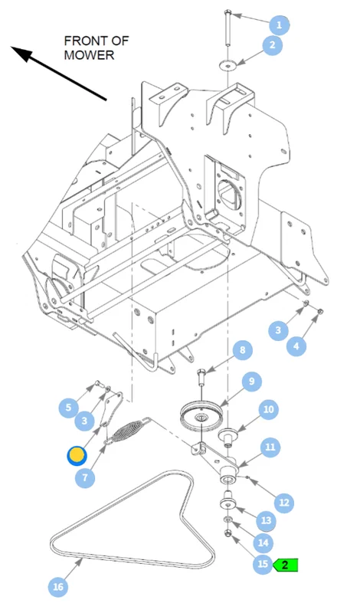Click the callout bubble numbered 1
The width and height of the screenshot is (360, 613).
click(279, 25)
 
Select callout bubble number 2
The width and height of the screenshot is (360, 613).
click(272, 44)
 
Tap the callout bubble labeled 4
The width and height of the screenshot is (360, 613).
click(296, 346)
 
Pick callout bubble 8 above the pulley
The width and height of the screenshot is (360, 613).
click(242, 350)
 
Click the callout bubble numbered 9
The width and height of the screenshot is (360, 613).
click(251, 381)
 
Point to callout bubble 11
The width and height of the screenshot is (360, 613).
click(270, 447)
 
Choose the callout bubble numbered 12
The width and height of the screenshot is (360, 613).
click(284, 502)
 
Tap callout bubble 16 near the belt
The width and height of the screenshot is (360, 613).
click(58, 586)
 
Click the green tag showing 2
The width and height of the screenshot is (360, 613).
click(286, 565)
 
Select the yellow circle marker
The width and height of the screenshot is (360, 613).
click(77, 456)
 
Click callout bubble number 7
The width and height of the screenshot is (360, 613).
click(85, 477)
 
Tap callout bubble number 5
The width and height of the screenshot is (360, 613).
click(68, 408)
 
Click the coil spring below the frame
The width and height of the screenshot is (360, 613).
click(128, 430)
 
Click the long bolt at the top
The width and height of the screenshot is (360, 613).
click(227, 28)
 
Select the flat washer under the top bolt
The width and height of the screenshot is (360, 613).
click(227, 65)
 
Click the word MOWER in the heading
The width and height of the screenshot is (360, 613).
click(89, 55)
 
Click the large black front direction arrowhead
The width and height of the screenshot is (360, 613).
click(21, 53)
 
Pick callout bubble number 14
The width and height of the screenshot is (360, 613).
click(263, 543)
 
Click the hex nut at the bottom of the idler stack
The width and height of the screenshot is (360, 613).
click(228, 533)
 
